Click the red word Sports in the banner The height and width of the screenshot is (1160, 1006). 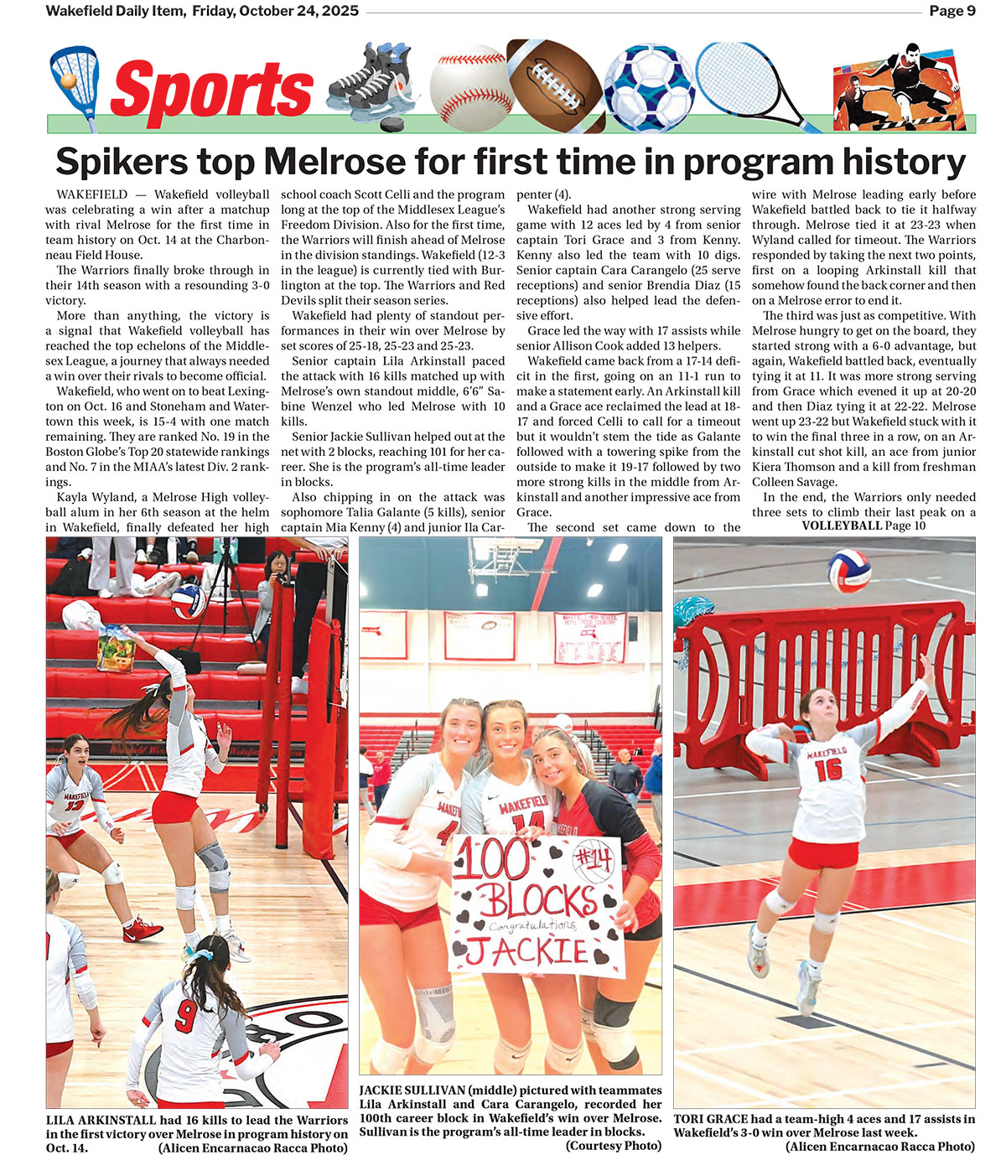click(211, 90)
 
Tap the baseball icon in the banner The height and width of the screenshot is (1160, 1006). click(470, 85)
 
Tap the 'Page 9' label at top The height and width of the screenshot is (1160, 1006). click(952, 11)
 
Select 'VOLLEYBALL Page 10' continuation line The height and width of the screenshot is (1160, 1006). click(863, 526)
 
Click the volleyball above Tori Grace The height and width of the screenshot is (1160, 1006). click(849, 571)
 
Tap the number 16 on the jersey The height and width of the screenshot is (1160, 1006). click(828, 769)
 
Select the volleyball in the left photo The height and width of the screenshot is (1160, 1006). click(189, 601)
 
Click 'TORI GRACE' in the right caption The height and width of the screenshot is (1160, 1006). click(712, 1119)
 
